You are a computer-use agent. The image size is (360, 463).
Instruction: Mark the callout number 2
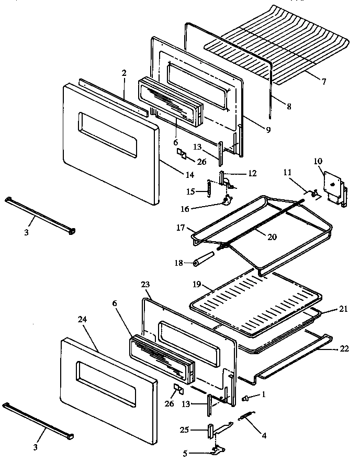pyautogui.click(x=124, y=73)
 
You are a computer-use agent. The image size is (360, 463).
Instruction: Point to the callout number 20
pyautogui.click(x=271, y=236)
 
